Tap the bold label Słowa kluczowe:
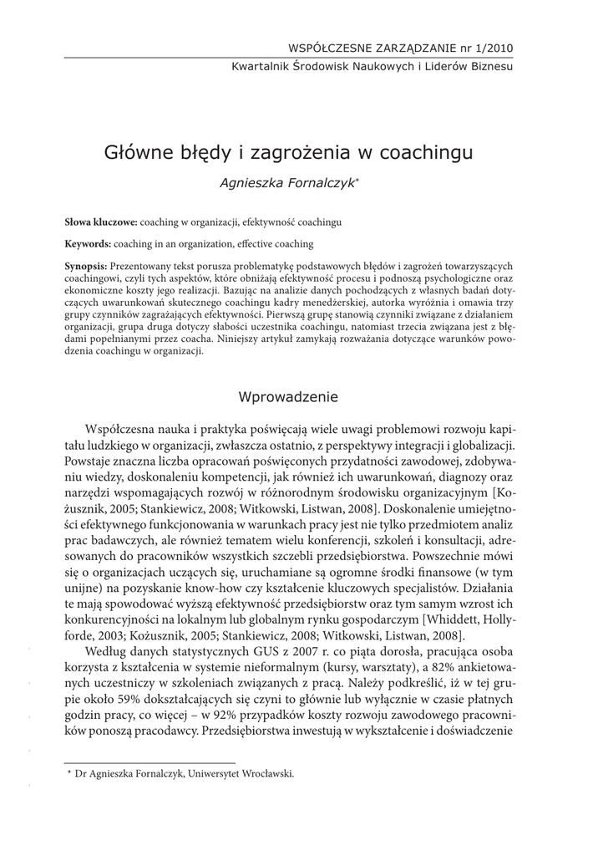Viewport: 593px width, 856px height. click(x=101, y=223)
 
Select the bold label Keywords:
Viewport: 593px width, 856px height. click(x=88, y=244)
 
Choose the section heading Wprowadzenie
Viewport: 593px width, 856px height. click(x=288, y=394)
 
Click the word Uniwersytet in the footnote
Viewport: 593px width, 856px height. click(x=218, y=774)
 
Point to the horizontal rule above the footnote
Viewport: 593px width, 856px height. click(x=150, y=762)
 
